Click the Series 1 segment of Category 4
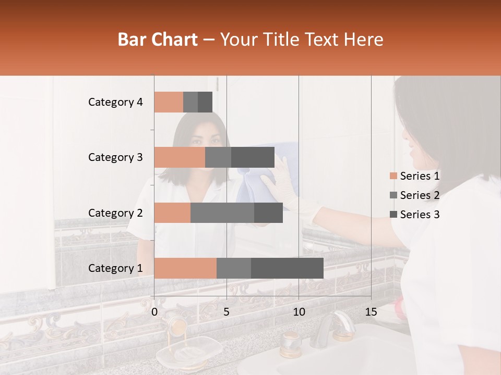pos(169,102)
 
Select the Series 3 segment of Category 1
pos(287,268)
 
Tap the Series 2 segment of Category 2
pos(222,213)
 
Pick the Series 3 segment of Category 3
pos(253,157)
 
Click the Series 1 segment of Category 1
pos(185,268)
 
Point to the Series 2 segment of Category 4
pos(190,102)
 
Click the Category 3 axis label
pos(115,157)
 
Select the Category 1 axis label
pos(115,268)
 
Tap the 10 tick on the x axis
pos(299,312)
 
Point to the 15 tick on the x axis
pos(371,312)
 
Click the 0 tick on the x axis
pos(154,312)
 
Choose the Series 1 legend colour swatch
pos(392,176)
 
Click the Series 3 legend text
pos(420,215)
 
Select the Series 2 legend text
pos(420,195)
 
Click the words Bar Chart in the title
pos(158,40)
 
